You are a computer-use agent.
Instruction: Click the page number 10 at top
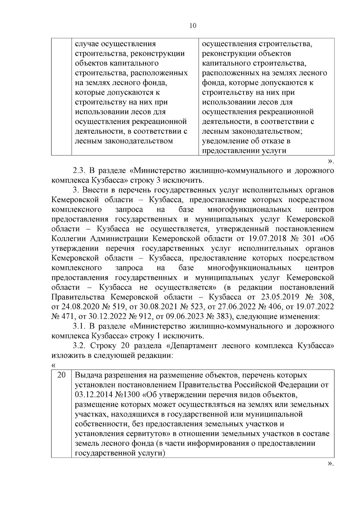click(x=193, y=26)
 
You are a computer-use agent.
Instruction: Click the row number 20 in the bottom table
click(x=61, y=375)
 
